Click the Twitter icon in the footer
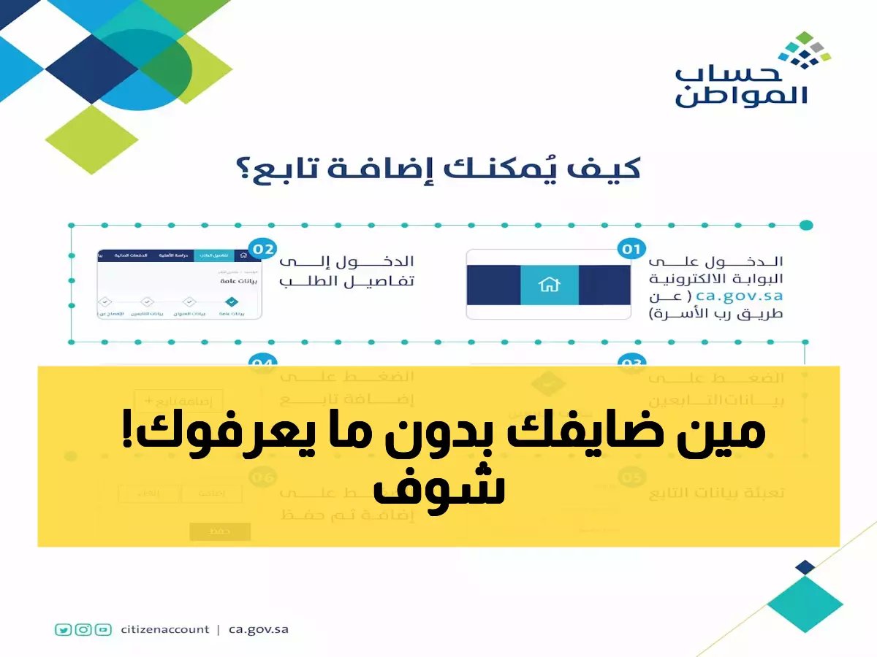64,629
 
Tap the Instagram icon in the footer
83,629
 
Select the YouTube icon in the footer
103,629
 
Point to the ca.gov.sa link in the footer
258,629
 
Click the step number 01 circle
629,250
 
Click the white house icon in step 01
549,285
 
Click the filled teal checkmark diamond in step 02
232,301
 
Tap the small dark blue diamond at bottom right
805,567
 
